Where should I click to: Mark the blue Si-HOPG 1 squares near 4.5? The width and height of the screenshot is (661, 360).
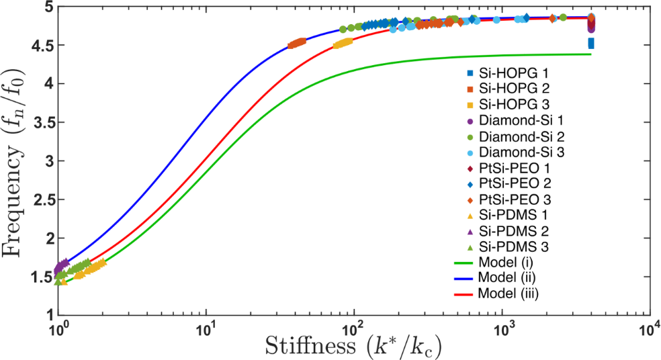[x=591, y=43]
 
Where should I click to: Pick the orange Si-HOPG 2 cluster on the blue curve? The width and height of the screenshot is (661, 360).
[x=297, y=43]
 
